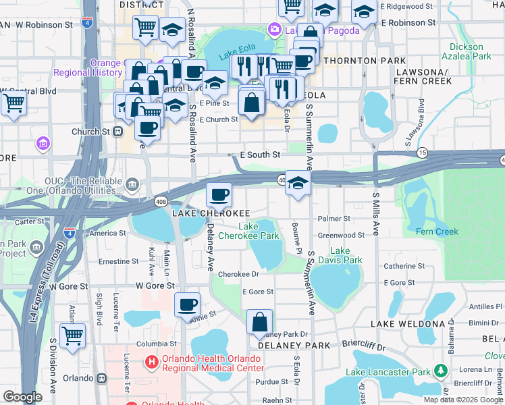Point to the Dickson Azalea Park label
click(x=467, y=52)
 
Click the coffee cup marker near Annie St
click(x=187, y=304)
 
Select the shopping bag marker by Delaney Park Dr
click(x=259, y=322)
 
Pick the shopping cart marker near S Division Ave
click(x=72, y=335)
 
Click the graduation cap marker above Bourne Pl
click(x=298, y=183)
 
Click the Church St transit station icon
click(x=117, y=132)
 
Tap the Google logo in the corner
click(x=22, y=398)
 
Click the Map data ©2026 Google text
click(x=463, y=400)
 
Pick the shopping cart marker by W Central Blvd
click(x=14, y=104)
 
